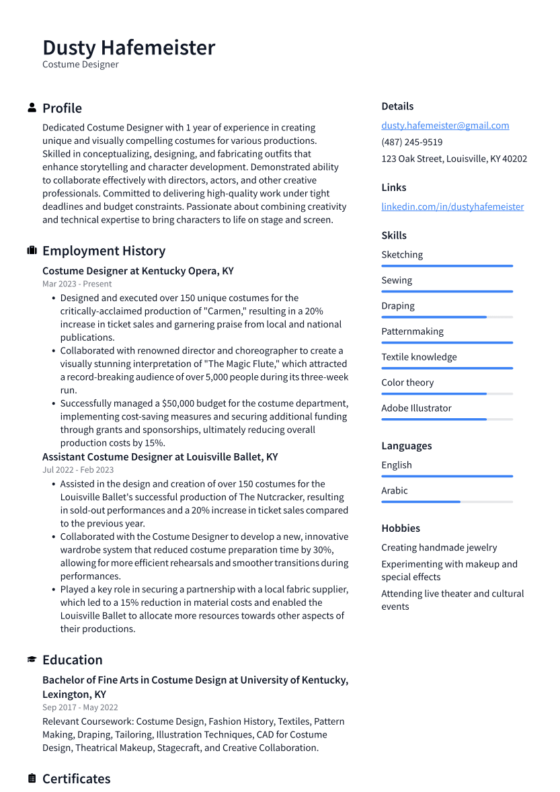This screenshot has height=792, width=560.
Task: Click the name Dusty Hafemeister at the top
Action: click(x=128, y=48)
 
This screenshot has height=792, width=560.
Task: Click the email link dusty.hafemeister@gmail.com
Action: click(x=445, y=125)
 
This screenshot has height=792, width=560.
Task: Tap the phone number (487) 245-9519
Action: click(x=411, y=142)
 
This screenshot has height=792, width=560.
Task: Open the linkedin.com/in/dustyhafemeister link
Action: click(x=452, y=206)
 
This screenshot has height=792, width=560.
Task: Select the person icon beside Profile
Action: click(x=32, y=108)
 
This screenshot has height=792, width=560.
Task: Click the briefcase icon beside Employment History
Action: click(x=32, y=251)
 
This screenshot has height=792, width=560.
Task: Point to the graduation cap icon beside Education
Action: click(x=32, y=660)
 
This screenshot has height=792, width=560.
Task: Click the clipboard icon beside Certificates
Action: click(x=32, y=779)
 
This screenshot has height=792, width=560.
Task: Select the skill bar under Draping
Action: click(x=446, y=317)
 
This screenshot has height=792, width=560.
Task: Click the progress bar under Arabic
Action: click(x=446, y=502)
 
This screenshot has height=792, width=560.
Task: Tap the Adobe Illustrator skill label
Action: click(x=416, y=408)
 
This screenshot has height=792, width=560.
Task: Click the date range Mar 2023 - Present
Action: click(x=77, y=284)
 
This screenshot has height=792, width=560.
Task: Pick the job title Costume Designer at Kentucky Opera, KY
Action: click(x=138, y=271)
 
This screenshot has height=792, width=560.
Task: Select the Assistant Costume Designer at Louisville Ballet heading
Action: click(x=160, y=457)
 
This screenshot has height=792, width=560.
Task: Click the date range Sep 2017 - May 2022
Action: click(x=80, y=707)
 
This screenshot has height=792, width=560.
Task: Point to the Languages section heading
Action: click(x=406, y=446)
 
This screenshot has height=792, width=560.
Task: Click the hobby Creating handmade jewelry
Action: click(x=439, y=547)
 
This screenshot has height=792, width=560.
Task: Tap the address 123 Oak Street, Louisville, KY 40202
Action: click(x=454, y=159)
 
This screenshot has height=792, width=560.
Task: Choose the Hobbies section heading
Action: click(x=400, y=528)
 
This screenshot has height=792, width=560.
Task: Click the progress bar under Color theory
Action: click(x=446, y=393)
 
